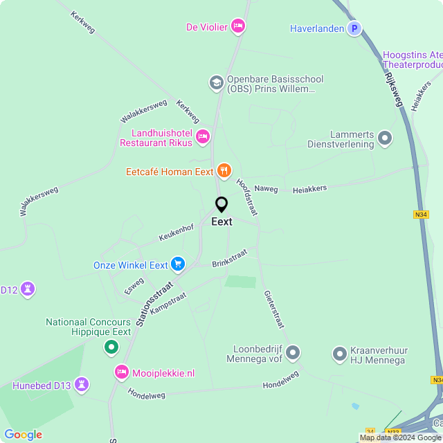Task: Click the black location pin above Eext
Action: pyautogui.click(x=221, y=205)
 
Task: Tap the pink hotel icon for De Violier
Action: pyautogui.click(x=237, y=26)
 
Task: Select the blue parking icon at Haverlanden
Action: pyautogui.click(x=354, y=28)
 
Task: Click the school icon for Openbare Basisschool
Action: pyautogui.click(x=216, y=83)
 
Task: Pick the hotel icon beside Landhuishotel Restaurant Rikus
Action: pyautogui.click(x=203, y=136)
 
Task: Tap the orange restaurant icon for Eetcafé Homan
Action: pyautogui.click(x=224, y=170)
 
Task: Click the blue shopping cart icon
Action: pyautogui.click(x=179, y=264)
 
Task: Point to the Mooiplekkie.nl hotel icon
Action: pyautogui.click(x=122, y=372)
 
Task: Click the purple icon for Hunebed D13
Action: pyautogui.click(x=82, y=384)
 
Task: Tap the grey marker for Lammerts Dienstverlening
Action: pyautogui.click(x=384, y=138)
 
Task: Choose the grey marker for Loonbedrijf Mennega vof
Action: pyautogui.click(x=293, y=353)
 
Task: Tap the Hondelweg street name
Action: pyautogui.click(x=281, y=379)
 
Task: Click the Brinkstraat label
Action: pyautogui.click(x=229, y=259)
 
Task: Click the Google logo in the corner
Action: pyautogui.click(x=23, y=435)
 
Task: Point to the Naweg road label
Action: pyautogui.click(x=266, y=188)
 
